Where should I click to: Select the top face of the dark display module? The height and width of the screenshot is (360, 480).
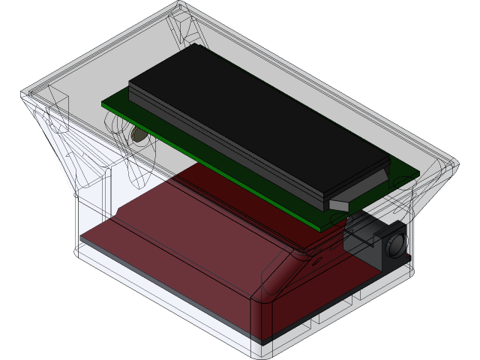(x=255, y=112)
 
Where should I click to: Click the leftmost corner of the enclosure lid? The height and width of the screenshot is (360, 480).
(x=23, y=95)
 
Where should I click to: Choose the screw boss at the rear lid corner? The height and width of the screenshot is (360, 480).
(x=187, y=30)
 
